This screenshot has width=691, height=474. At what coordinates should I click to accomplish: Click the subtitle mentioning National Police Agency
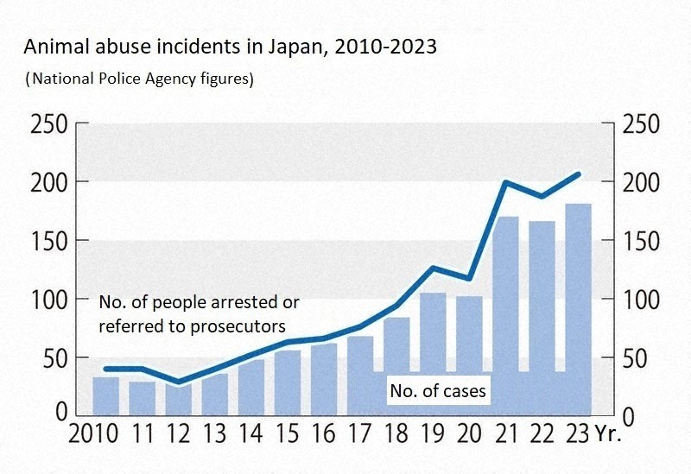(139, 79)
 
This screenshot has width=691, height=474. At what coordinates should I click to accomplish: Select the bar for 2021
(505, 315)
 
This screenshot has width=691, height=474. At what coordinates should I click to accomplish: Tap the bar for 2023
(578, 309)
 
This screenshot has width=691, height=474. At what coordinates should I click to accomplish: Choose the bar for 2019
(433, 352)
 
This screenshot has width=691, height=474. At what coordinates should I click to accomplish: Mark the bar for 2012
(179, 399)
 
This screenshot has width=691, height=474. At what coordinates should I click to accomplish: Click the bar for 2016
(324, 378)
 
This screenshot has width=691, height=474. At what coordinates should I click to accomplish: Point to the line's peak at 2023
(578, 174)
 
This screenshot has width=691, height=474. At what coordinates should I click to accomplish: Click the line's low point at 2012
(179, 382)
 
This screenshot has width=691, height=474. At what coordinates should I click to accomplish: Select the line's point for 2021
(505, 182)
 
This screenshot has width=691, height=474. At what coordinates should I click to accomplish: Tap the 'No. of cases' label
(438, 391)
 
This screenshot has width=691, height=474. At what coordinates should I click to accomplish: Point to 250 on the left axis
(48, 125)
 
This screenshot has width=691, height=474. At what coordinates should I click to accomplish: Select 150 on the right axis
(640, 242)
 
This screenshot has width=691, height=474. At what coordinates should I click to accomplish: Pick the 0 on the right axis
(628, 415)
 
